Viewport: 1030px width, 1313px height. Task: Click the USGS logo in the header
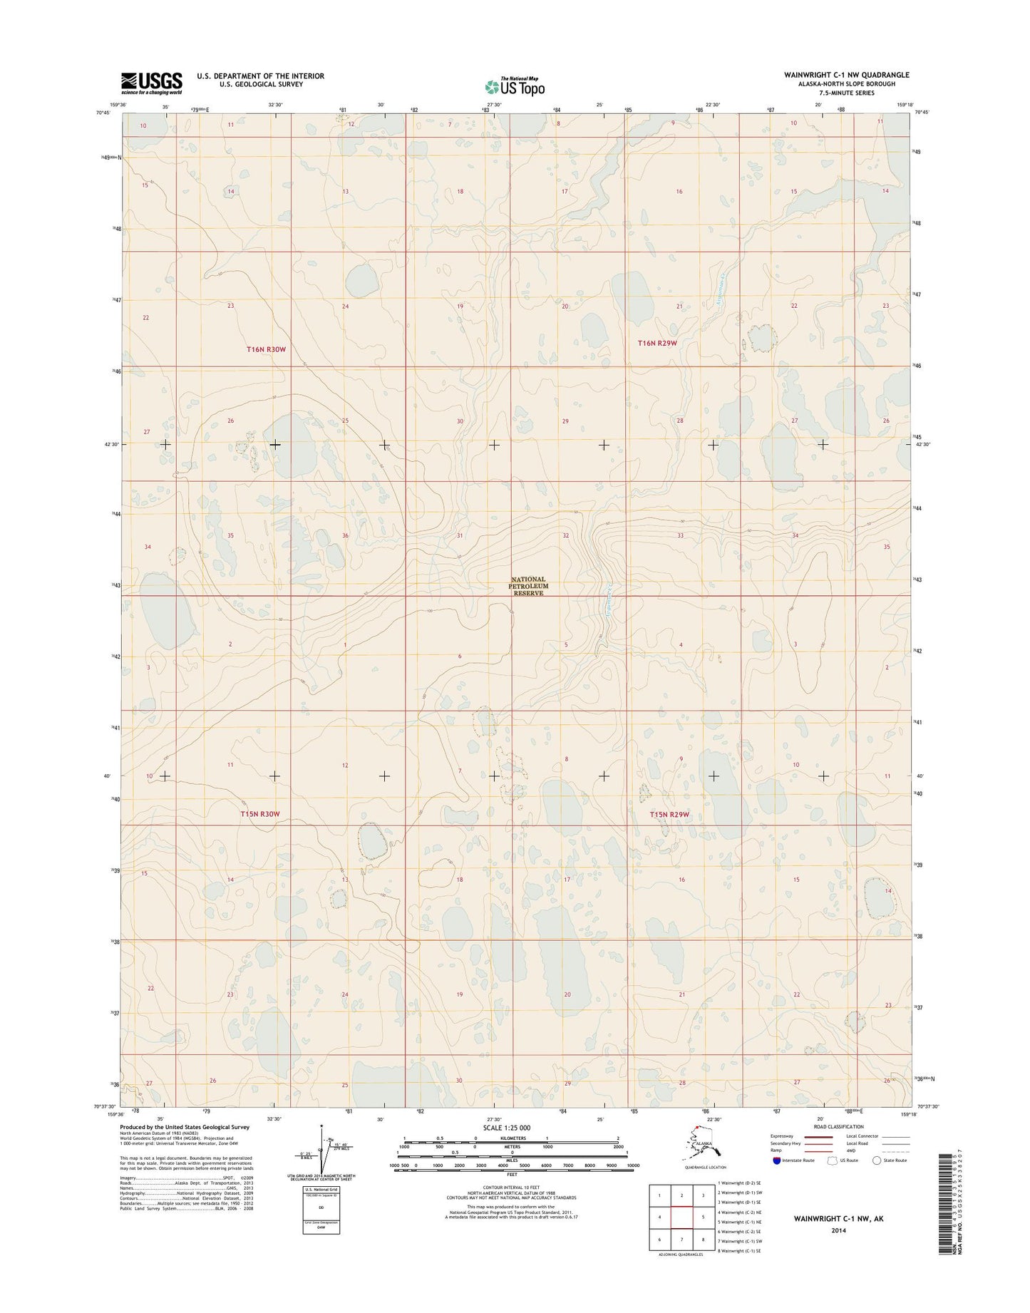(151, 83)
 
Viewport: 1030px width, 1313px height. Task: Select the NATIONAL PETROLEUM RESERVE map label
(527, 586)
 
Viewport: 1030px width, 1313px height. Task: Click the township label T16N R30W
(266, 349)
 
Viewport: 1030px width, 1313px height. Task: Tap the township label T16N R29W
(656, 344)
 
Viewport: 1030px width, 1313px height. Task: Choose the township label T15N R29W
(670, 814)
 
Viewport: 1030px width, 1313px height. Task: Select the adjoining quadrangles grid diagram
(681, 1218)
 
